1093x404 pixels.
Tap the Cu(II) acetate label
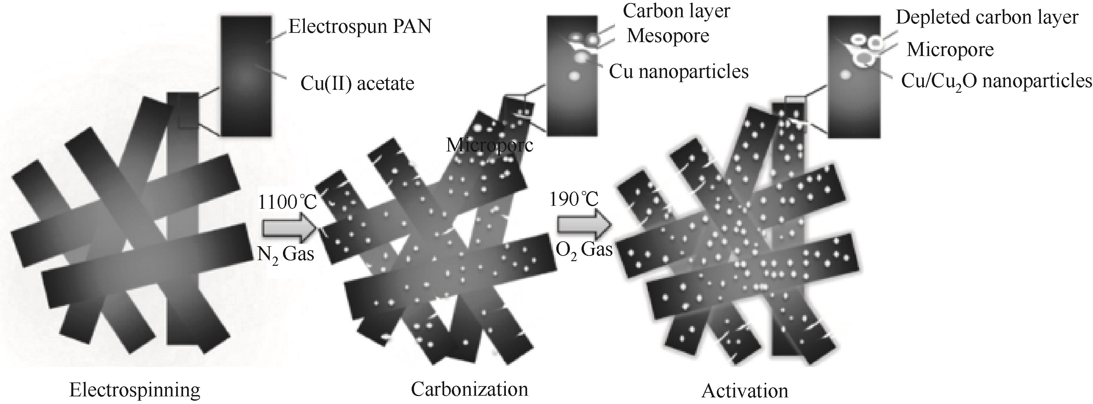coord(357,84)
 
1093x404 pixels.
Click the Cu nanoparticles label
coord(678,72)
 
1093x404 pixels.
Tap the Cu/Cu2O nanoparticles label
coord(996,81)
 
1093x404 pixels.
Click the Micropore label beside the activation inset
coord(950,50)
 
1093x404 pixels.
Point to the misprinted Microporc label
coord(489,145)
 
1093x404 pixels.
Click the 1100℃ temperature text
coord(287,202)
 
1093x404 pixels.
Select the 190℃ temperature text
coord(574,199)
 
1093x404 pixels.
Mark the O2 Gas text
coord(584,250)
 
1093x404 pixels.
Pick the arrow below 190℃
coord(584,225)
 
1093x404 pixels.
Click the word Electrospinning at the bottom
coord(134,390)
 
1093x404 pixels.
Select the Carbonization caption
coord(469,389)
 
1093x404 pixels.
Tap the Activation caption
coord(745,390)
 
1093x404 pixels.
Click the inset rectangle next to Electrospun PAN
coord(246,76)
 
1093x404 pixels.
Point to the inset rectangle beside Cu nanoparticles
coord(572,76)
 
